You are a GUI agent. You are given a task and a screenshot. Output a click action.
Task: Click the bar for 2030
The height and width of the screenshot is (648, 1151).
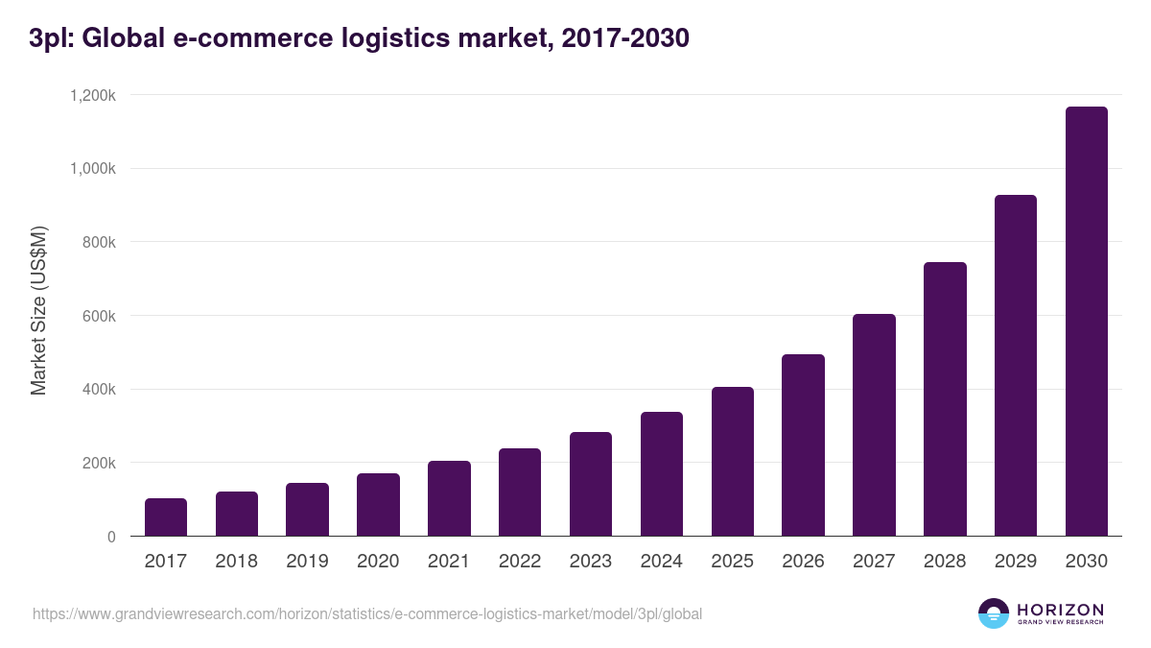tap(1086, 322)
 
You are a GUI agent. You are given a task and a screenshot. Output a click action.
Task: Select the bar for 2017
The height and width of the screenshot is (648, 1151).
tap(166, 517)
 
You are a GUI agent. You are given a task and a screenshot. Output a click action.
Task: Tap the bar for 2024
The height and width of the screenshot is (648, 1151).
tap(662, 474)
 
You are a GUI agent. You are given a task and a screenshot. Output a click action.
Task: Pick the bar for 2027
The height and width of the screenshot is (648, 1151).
tap(874, 425)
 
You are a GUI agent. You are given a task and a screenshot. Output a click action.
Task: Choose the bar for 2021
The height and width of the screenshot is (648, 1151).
tap(449, 498)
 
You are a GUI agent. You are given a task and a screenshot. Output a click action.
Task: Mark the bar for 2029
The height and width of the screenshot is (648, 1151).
tap(1015, 366)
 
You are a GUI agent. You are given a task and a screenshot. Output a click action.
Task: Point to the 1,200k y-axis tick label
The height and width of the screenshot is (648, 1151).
tap(92, 95)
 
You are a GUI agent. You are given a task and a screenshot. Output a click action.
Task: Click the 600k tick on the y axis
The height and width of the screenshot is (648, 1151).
tap(97, 316)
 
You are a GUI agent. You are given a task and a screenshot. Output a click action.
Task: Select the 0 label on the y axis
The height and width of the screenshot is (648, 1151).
tap(111, 537)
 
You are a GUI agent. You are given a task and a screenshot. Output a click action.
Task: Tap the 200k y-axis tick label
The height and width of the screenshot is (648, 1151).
tap(97, 463)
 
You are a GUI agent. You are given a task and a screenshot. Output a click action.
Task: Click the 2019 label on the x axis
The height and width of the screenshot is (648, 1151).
tap(307, 562)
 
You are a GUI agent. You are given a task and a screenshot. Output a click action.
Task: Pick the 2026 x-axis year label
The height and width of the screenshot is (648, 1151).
tap(803, 562)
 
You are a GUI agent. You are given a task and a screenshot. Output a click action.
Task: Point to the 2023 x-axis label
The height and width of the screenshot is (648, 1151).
tap(591, 562)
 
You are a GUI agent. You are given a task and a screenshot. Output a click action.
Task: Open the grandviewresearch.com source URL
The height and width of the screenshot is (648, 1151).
tap(367, 613)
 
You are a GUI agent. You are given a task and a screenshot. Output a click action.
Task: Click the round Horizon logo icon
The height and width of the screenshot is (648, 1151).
tap(994, 613)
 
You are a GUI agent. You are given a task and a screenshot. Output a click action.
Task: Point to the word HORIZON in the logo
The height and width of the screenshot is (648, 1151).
tap(1060, 609)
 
